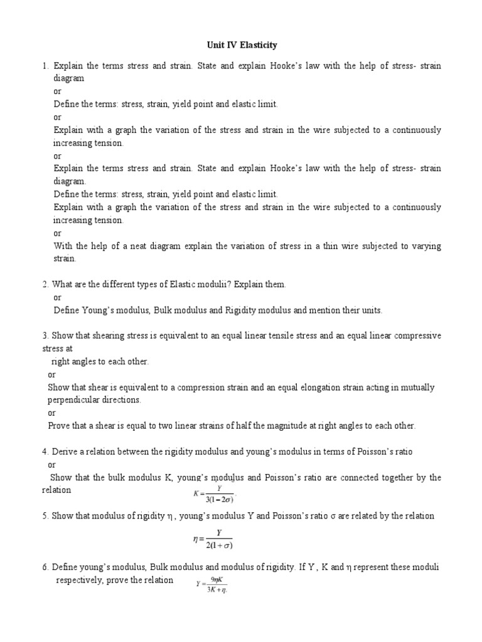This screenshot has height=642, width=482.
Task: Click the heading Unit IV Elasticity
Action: (x=241, y=45)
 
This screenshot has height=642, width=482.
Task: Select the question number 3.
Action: (x=45, y=336)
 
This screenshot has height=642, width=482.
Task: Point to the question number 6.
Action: (x=45, y=567)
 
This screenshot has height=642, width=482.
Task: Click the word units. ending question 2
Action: (x=370, y=310)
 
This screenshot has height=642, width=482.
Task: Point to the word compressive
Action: (x=417, y=336)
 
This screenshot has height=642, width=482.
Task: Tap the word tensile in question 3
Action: (x=304, y=336)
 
